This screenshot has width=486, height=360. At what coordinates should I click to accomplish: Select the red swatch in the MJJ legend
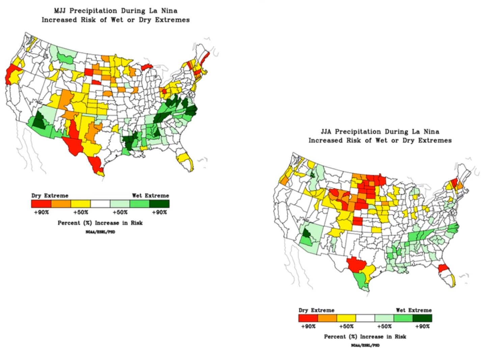tap(41, 203)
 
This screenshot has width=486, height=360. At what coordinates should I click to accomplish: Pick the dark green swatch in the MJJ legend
tap(159, 203)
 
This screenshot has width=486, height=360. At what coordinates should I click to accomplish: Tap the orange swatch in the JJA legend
tap(327, 318)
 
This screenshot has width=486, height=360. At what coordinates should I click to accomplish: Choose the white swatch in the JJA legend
tap(365, 318)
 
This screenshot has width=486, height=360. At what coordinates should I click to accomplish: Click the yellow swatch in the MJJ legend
tap(80, 203)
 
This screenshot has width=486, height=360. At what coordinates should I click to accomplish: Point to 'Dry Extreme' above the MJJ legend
tap(50, 195)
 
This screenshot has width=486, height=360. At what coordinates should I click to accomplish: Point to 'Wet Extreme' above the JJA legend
tap(413, 310)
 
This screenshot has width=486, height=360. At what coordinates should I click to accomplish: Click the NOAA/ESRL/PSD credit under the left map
tap(100, 232)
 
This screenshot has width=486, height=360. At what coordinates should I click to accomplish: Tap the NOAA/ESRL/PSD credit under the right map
tap(365, 345)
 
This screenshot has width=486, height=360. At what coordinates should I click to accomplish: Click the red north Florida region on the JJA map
tap(443, 269)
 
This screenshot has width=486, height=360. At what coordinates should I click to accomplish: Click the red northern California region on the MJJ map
tap(10, 74)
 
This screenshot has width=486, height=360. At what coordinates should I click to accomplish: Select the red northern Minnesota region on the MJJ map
tap(146, 67)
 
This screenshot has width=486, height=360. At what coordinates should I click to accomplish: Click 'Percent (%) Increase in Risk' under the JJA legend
tap(365, 336)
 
